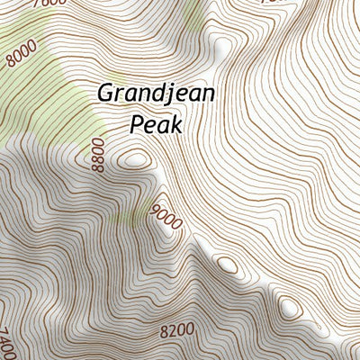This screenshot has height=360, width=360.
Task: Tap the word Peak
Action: coord(156,124)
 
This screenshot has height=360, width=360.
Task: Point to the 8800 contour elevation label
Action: coord(98,154)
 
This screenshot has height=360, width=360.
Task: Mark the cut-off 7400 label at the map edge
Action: coord(6,343)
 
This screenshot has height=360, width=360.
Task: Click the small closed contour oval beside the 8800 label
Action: coord(135,160)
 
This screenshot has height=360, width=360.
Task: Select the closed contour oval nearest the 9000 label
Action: coord(226,265)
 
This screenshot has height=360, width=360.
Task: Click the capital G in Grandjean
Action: coord(105,94)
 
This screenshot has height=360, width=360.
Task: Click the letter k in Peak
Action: coord(176,124)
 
